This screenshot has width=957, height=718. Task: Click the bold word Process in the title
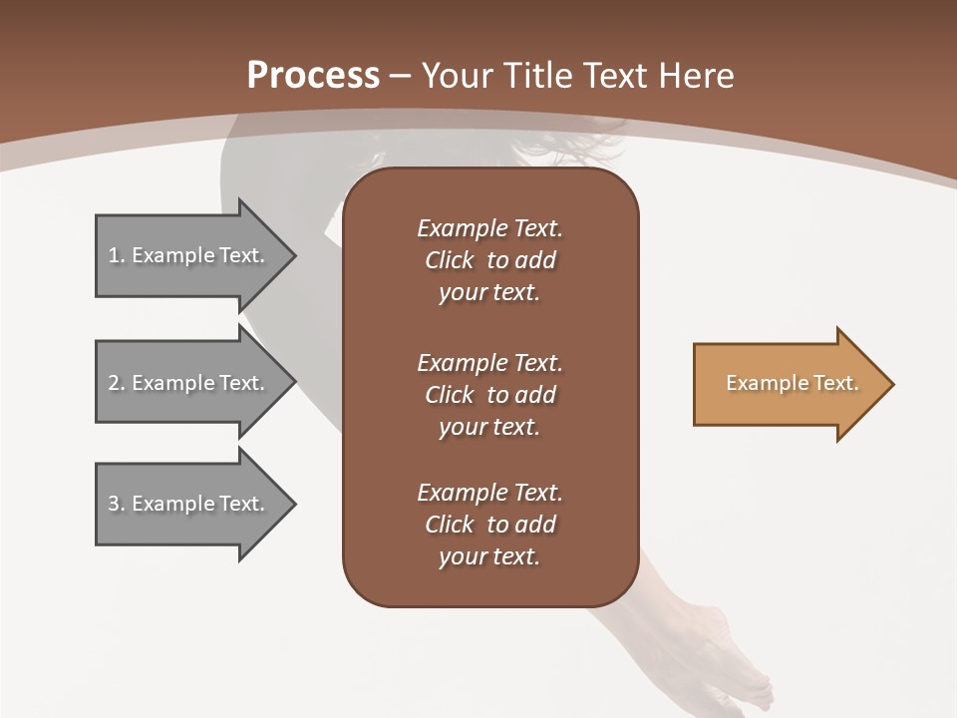click(313, 76)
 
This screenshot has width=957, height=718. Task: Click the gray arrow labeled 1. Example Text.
click(189, 255)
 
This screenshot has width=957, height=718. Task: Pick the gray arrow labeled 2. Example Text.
click(189, 383)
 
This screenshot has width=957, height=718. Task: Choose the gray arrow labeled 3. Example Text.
click(189, 504)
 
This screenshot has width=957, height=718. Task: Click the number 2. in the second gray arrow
click(116, 383)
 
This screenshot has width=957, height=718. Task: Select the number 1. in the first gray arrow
click(116, 255)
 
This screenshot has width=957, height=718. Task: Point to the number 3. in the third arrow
click(116, 504)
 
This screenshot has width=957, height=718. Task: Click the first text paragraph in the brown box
click(489, 260)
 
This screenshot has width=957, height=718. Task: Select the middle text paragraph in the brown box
click(489, 395)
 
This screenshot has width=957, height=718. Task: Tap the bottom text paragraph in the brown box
click(489, 525)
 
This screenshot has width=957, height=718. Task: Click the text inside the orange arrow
click(792, 383)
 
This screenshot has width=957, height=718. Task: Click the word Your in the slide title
click(455, 76)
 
